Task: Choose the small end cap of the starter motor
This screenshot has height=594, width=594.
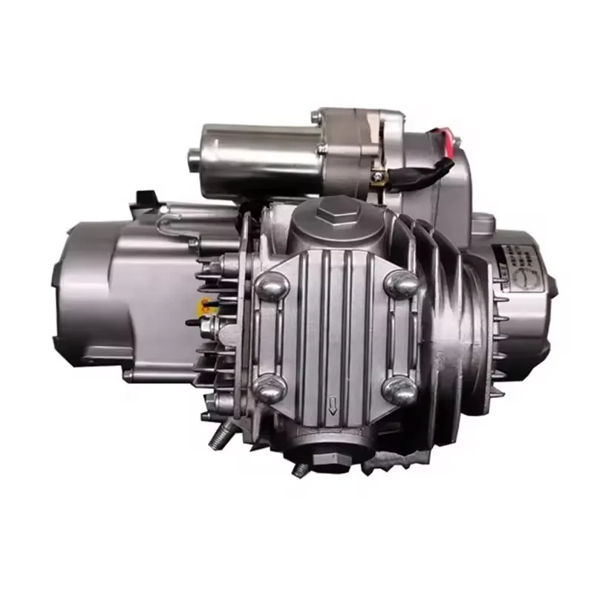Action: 195,157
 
